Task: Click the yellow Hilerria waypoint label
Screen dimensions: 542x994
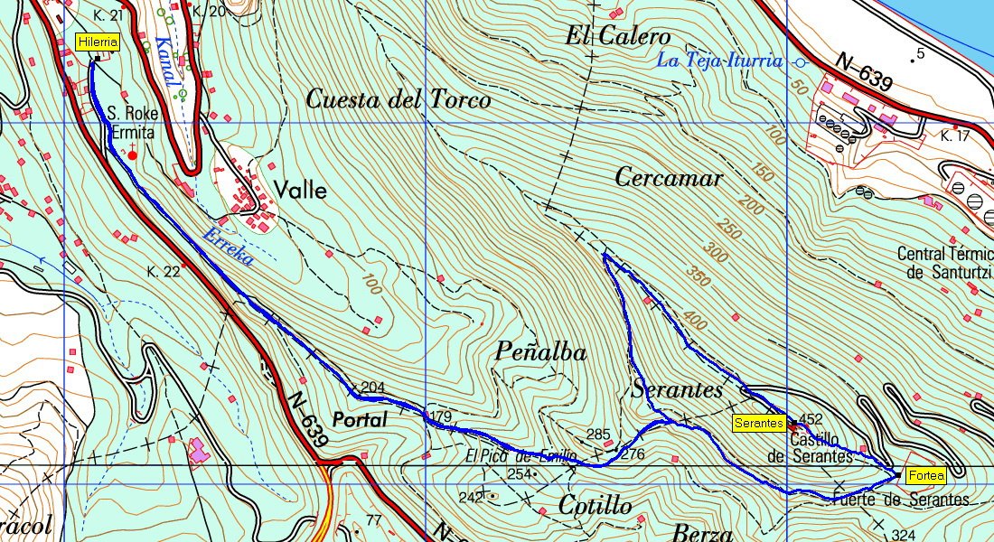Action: (98, 42)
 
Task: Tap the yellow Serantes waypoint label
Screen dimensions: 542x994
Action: (758, 423)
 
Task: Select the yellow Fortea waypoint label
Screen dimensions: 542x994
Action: (925, 475)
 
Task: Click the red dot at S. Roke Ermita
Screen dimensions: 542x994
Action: (132, 155)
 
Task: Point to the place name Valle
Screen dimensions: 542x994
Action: (300, 192)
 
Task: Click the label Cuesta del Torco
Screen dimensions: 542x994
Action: (398, 99)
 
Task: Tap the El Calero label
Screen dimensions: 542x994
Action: (618, 37)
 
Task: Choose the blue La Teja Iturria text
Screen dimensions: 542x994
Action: (719, 61)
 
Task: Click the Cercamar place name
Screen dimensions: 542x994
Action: (669, 178)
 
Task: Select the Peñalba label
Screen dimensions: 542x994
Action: (541, 352)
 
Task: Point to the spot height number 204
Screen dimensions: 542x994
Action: (372, 388)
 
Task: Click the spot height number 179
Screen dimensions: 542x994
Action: (441, 416)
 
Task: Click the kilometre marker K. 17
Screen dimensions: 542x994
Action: (954, 136)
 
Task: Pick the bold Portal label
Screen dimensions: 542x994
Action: (360, 420)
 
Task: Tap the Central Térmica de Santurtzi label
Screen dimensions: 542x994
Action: (945, 263)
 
